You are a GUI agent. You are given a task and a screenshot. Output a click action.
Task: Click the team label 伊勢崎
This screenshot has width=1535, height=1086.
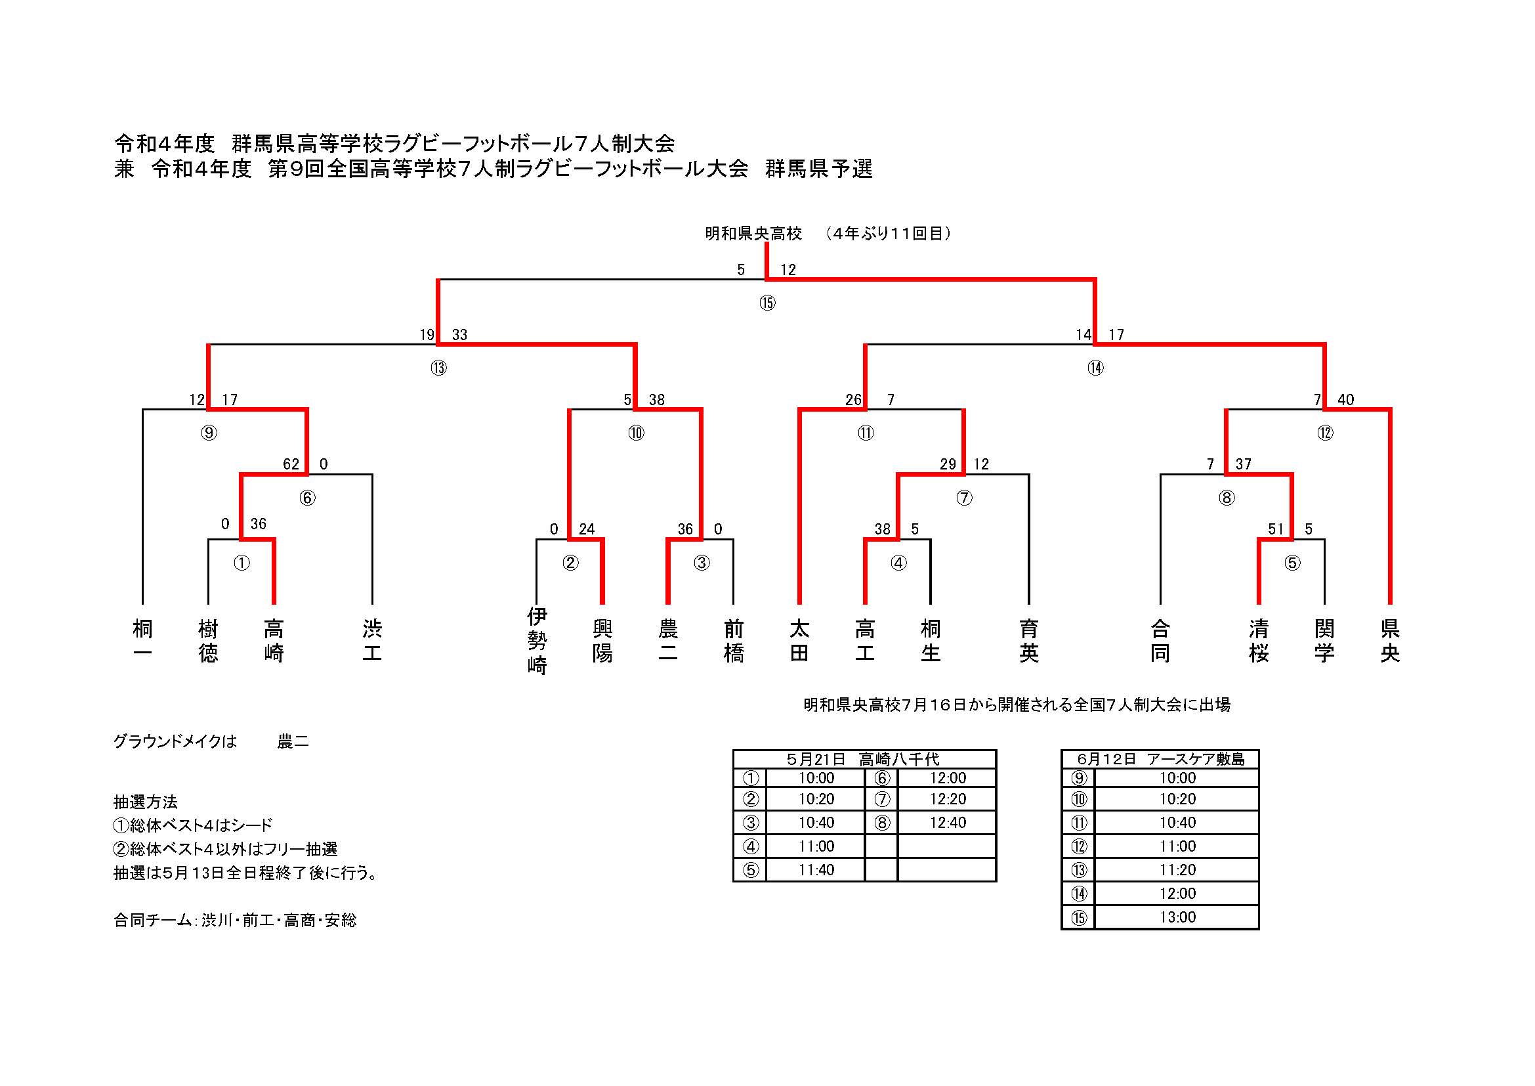537,640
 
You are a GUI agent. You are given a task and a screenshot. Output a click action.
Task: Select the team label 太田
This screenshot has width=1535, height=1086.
799,640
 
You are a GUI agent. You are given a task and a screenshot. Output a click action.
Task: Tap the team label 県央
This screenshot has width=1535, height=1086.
1390,640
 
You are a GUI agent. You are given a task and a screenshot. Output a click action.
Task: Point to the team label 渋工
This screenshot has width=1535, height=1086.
371,640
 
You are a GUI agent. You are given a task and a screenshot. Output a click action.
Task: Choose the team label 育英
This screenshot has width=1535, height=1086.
1028,640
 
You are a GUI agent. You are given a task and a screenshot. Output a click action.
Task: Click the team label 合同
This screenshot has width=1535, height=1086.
1160,640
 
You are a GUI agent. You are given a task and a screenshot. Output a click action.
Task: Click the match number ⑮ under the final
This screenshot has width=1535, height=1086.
767,303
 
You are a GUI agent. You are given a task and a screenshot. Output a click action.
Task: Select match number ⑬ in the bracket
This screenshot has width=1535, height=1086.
438,368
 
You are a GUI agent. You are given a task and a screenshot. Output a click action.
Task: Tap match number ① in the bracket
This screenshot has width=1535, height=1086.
242,563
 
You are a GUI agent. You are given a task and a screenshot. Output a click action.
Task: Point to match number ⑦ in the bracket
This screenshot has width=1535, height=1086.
963,498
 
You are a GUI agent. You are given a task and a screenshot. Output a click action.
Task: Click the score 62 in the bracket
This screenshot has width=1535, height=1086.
291,464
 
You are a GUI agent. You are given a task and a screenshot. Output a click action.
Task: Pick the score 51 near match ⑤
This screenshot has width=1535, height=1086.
1276,529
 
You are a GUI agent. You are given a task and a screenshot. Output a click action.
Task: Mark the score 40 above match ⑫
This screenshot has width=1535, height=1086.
1345,399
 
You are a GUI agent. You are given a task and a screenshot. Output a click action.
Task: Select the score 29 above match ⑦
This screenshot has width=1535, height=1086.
948,464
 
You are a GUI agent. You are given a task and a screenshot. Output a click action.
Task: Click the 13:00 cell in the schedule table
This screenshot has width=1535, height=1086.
1177,917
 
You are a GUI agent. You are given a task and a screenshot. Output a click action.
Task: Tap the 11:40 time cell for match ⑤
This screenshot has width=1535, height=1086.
816,869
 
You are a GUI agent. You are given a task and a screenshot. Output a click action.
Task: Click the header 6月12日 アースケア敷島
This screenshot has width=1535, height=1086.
1160,759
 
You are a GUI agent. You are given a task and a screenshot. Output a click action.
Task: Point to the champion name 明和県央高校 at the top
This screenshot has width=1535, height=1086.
753,233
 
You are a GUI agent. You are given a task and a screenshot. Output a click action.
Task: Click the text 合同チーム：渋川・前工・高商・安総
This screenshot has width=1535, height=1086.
236,920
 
